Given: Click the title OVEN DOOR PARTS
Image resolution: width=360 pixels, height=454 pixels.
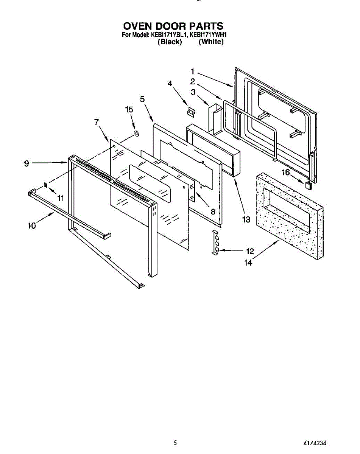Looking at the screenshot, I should pos(173,26).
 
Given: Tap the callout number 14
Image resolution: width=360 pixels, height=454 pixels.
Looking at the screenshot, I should pos(248,262).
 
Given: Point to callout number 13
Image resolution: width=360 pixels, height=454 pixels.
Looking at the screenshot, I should pos(246,219).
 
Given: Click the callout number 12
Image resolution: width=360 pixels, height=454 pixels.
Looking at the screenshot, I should pos(250,250).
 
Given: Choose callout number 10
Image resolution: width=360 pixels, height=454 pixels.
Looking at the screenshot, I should pos(32,225).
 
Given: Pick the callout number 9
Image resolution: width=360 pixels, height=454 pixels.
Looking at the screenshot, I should pos(26,163).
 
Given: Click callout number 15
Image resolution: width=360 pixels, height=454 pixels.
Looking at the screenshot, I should pos(129,110).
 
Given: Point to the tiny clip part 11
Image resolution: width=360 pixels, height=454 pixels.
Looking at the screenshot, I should pos(46,185).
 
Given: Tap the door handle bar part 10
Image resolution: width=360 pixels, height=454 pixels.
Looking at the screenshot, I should pos(68,214).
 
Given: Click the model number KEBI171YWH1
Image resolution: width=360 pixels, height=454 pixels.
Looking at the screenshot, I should pos(208,34).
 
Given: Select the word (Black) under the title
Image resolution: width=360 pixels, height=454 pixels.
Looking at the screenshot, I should pos(170,42).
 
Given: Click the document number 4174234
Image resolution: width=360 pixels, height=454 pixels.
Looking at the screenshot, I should pos(315,443).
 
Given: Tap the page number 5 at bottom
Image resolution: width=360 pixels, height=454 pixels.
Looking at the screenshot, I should pos(175,443).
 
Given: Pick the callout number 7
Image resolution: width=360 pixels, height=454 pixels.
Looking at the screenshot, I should pos(97,122).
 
